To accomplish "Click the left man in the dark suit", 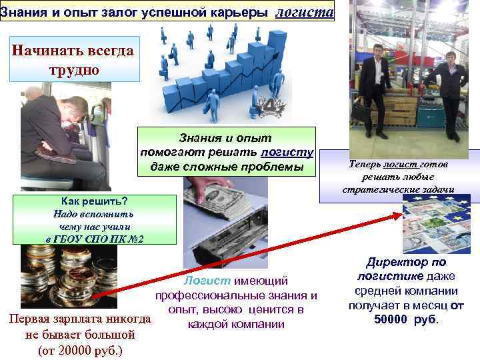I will click(376, 87).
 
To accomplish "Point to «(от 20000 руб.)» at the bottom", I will click(79, 349).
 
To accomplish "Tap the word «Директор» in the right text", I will click(395, 263).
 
